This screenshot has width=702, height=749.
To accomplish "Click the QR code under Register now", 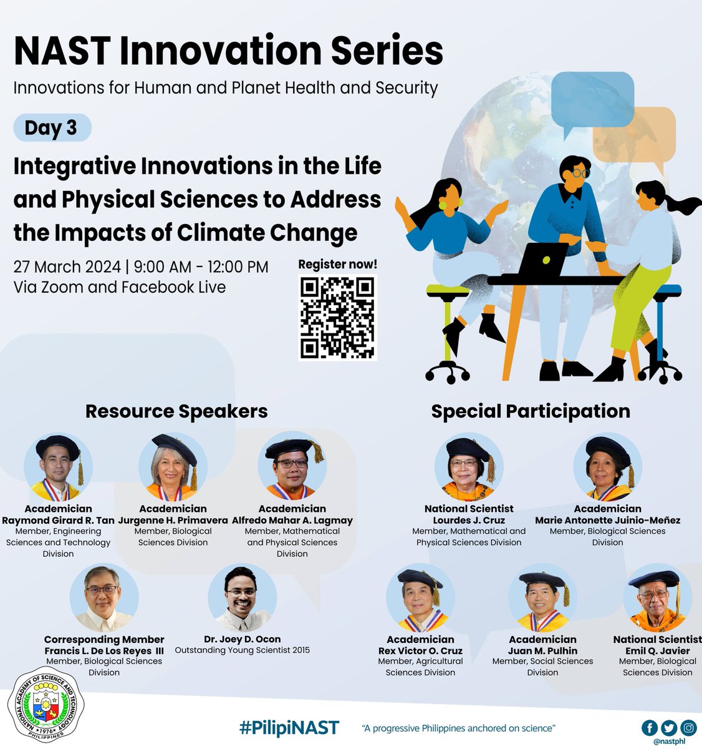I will pyautogui.click(x=337, y=318).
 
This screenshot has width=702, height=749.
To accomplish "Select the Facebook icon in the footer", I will pyautogui.click(x=649, y=727).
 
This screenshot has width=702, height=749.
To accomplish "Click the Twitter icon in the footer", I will pyautogui.click(x=668, y=727).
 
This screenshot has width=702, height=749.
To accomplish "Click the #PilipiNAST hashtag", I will pyautogui.click(x=289, y=727).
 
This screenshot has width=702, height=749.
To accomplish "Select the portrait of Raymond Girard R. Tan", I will pyautogui.click(x=58, y=468).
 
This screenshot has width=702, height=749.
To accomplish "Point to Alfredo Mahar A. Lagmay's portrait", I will pyautogui.click(x=292, y=468).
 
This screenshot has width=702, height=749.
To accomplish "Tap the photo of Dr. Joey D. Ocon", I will pyautogui.click(x=242, y=599).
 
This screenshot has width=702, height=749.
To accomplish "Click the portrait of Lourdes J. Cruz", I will pyautogui.click(x=469, y=468).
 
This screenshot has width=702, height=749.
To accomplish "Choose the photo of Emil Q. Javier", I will pyautogui.click(x=657, y=599).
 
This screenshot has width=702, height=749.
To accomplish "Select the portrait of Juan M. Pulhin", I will pyautogui.click(x=542, y=599).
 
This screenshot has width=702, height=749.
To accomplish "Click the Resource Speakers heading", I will pyautogui.click(x=176, y=411).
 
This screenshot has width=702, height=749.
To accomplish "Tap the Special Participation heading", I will pyautogui.click(x=531, y=411).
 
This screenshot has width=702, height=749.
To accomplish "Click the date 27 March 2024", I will pyautogui.click(x=67, y=267).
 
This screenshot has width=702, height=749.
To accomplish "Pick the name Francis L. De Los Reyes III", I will pyautogui.click(x=104, y=650).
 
